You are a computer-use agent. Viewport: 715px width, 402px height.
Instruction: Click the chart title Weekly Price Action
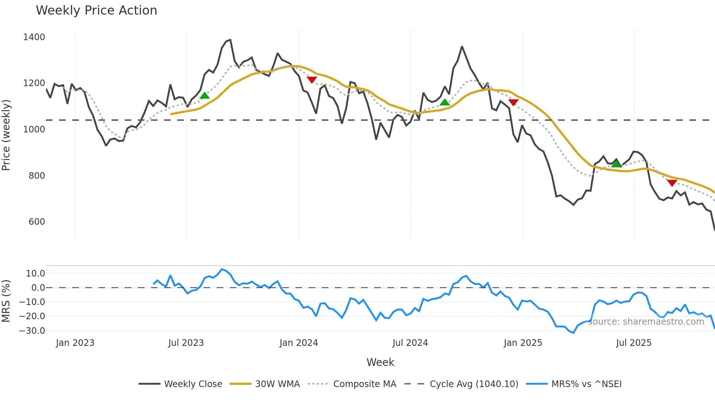[x=96, y=11]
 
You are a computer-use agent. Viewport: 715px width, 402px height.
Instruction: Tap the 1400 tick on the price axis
[x=34, y=37]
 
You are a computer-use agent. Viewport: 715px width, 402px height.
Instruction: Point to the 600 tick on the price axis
[x=36, y=222]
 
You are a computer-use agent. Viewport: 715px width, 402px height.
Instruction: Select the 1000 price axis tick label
[x=34, y=130]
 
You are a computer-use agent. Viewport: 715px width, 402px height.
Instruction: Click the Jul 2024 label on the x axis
[x=410, y=343]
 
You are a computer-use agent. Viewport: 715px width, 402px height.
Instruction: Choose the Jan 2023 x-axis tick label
[x=75, y=343]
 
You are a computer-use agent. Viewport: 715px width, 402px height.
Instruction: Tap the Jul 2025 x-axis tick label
[x=634, y=343]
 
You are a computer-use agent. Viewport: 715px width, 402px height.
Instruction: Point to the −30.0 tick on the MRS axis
[x=32, y=331]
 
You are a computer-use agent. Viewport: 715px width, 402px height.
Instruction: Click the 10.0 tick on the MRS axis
[x=35, y=274]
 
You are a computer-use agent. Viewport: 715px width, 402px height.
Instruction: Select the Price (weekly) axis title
[x=6, y=135]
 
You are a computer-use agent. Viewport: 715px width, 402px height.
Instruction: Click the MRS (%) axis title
[x=6, y=301]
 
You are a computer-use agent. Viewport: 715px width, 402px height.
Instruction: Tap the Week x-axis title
[x=380, y=362]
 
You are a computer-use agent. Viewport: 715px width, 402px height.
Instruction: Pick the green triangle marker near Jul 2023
[x=205, y=96]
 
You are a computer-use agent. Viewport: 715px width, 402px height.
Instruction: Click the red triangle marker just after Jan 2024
[x=312, y=80]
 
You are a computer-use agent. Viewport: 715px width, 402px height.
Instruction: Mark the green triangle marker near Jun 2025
[x=616, y=164]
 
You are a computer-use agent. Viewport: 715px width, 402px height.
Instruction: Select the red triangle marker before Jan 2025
[x=513, y=103]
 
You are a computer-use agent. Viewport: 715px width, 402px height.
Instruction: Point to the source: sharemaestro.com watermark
[x=646, y=322]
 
